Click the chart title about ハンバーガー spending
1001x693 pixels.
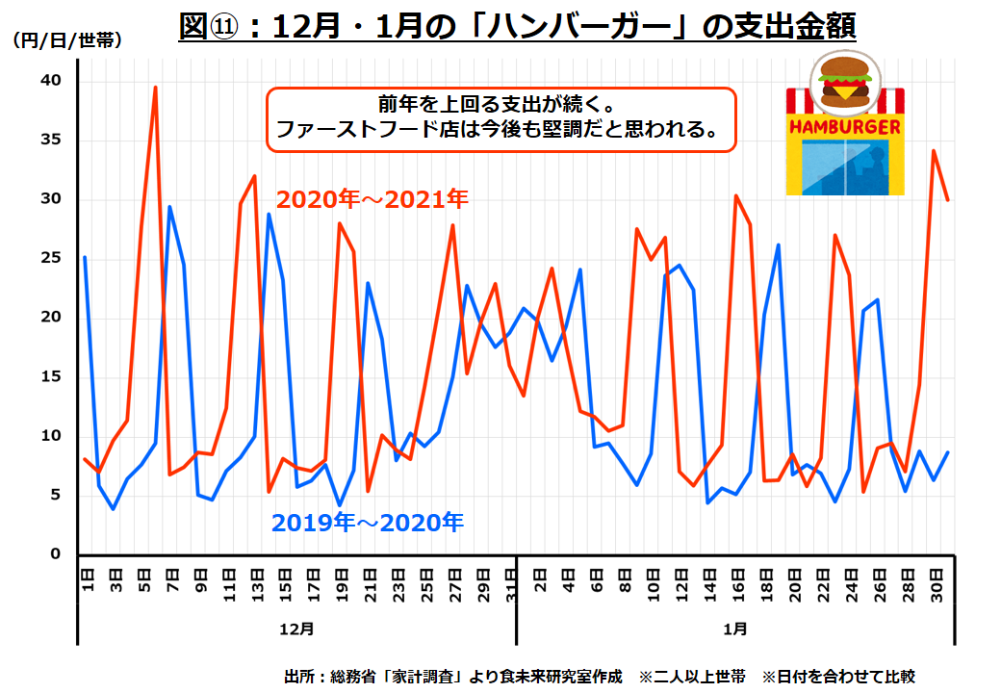[x=517, y=26]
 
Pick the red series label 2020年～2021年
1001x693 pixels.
[x=372, y=199]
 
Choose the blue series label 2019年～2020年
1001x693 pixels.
[x=367, y=523]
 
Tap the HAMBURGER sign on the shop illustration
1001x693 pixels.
[x=845, y=126]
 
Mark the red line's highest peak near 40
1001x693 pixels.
[x=155, y=88]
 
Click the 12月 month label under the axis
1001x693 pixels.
[x=296, y=629]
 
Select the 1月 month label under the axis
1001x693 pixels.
[x=734, y=629]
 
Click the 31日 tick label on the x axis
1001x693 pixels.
[x=511, y=580]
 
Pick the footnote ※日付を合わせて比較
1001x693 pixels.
[x=837, y=676]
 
